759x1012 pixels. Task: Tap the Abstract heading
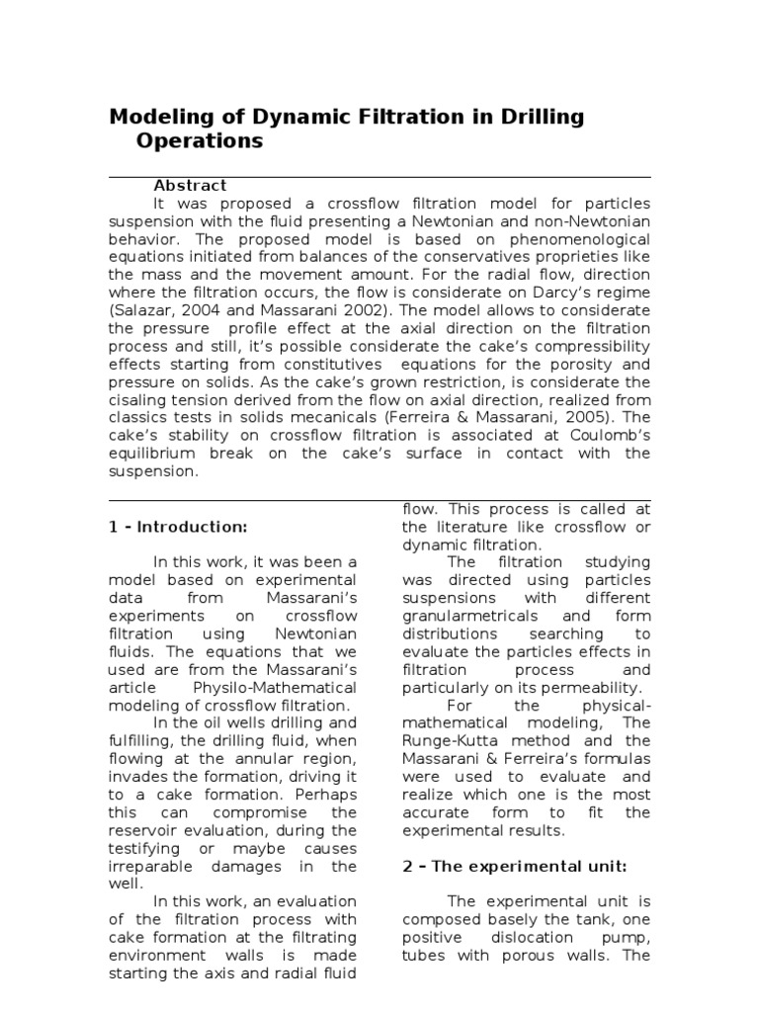tap(190, 185)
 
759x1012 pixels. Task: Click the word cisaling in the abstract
tap(140, 399)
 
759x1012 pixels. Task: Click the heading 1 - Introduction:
tap(178, 526)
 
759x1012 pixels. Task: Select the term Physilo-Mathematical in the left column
tap(274, 687)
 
